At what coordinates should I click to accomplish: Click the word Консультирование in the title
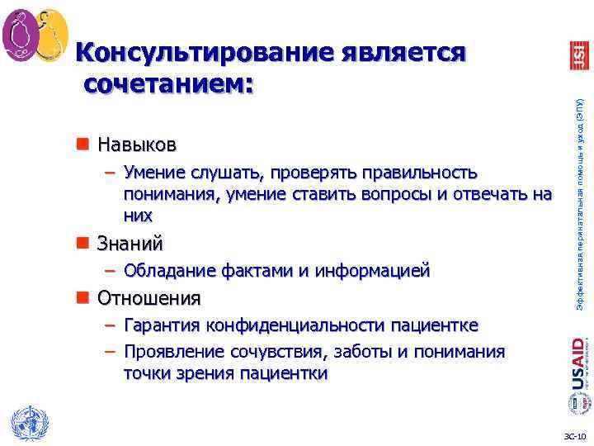tap(198, 52)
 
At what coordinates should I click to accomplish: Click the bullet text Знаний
tap(130, 244)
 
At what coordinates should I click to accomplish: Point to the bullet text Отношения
tap(148, 297)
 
